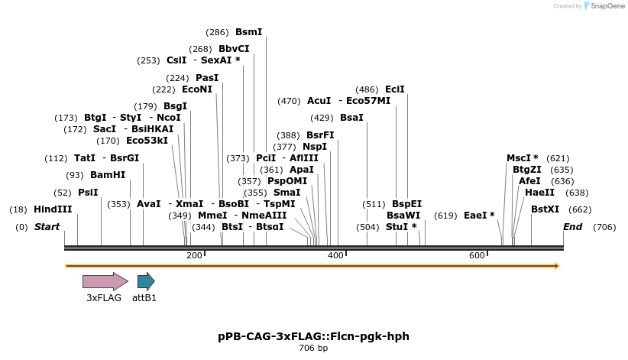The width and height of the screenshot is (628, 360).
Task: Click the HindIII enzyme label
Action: (x=53, y=209)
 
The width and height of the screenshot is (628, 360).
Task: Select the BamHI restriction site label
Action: (x=107, y=175)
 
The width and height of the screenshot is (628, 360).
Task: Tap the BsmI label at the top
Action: (x=248, y=32)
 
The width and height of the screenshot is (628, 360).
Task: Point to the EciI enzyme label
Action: (x=395, y=89)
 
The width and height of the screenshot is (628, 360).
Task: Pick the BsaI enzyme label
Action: (x=351, y=118)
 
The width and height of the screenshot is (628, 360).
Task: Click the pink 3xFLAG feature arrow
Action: (x=105, y=281)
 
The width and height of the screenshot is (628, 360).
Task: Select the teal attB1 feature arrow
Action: (x=145, y=281)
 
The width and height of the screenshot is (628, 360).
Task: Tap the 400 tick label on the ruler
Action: (x=335, y=255)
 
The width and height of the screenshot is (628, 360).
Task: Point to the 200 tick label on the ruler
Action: (x=194, y=255)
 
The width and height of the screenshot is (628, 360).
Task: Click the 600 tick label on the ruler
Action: (x=477, y=255)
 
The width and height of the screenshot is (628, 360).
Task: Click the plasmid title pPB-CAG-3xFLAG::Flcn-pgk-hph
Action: (x=313, y=336)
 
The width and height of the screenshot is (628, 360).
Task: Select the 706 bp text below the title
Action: (x=313, y=349)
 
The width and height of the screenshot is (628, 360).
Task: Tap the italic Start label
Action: (x=47, y=227)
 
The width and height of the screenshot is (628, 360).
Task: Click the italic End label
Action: (x=572, y=227)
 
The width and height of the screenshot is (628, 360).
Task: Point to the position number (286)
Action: (x=217, y=32)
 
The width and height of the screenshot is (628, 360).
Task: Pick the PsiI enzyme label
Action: (x=88, y=193)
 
